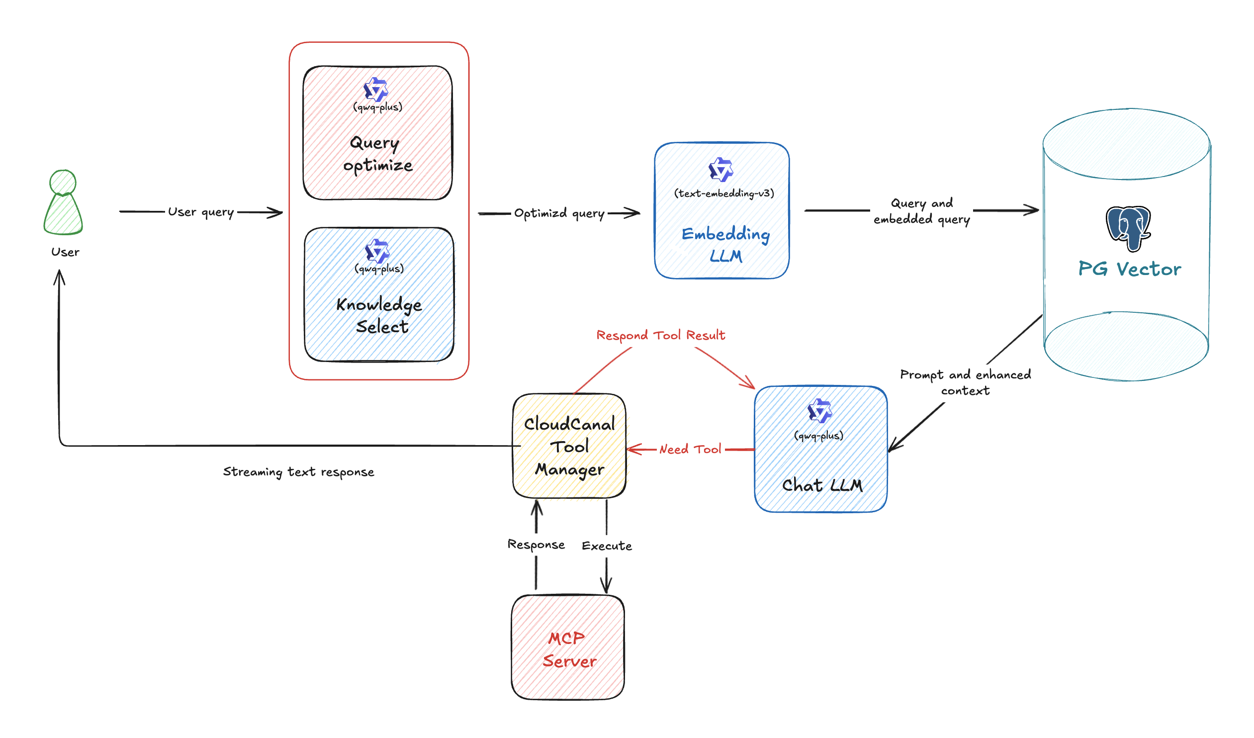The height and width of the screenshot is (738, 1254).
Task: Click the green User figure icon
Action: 63,202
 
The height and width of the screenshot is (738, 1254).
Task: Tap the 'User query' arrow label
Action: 200,212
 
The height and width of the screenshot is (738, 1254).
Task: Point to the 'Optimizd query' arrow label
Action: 559,213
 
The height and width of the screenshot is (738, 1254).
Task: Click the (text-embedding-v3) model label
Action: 724,193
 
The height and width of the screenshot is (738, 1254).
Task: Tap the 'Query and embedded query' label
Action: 921,211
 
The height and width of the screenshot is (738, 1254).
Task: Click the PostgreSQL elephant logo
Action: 1128,228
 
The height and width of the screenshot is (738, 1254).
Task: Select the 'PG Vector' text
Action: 1129,269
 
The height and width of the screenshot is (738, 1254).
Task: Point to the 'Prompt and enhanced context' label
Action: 965,382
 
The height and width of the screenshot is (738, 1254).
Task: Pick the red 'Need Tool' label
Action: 690,450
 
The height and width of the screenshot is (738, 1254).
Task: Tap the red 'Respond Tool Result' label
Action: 660,335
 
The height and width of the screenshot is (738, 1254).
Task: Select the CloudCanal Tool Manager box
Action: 569,447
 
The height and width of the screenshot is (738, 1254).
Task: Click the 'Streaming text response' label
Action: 298,472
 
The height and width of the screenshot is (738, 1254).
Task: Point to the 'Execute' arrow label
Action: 607,546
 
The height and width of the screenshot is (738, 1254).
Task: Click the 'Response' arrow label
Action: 536,545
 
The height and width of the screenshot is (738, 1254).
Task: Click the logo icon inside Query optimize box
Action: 376,90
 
